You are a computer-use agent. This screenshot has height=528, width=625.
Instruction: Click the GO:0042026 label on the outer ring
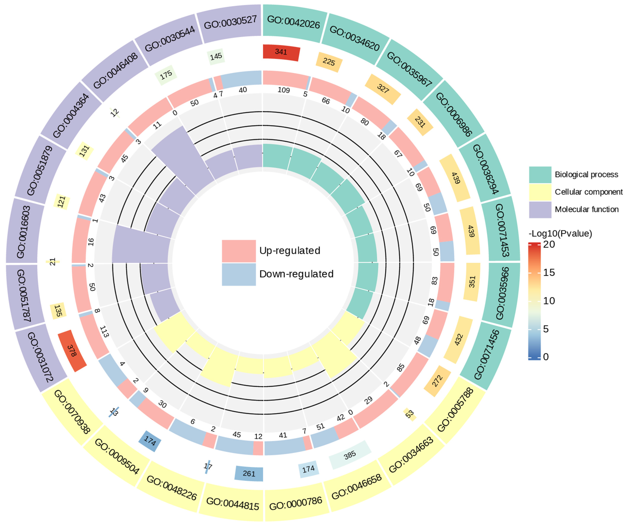(x=293, y=22)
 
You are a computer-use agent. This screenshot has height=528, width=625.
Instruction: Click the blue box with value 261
(x=249, y=474)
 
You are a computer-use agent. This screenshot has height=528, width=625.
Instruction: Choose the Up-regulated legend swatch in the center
(x=239, y=251)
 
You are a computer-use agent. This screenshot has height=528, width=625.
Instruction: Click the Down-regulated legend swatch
(x=239, y=274)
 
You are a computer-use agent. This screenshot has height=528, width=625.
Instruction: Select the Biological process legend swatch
(x=540, y=175)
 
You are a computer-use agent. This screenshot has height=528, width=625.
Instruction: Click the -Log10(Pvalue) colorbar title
(x=560, y=233)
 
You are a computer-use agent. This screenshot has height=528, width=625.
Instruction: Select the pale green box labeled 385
(x=350, y=455)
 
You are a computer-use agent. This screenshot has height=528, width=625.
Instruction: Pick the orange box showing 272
(x=437, y=381)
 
